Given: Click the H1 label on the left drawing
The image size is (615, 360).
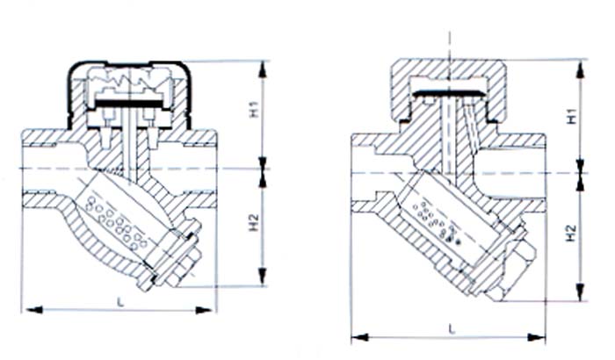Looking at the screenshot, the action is [x=255, y=109].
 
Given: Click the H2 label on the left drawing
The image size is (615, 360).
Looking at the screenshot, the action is [x=255, y=223].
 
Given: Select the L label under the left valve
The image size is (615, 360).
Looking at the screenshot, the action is [x=121, y=302].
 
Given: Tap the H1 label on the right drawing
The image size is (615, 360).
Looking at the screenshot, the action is [x=573, y=116].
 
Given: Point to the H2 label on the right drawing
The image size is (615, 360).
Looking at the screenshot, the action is [x=573, y=233].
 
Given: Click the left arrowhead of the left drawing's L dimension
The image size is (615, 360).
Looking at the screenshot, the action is [x=34, y=310].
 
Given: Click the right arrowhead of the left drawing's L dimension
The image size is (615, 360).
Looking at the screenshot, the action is [x=204, y=310].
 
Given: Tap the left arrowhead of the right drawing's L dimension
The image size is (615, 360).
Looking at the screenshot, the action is [x=360, y=337].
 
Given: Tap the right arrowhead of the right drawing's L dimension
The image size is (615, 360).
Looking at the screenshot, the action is [x=536, y=337].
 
